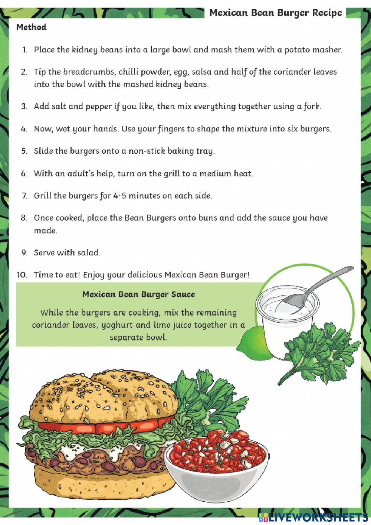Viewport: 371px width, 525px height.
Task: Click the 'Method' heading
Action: point(31,27)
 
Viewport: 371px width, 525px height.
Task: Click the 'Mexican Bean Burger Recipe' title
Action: point(275,13)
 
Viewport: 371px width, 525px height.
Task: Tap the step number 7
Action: point(25,196)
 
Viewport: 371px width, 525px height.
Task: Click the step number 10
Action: point(22,275)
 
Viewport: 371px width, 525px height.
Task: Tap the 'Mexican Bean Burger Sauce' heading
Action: point(138,294)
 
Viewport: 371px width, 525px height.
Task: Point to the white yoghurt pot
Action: point(282,319)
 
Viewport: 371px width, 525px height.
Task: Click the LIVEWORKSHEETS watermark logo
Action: point(313,516)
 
